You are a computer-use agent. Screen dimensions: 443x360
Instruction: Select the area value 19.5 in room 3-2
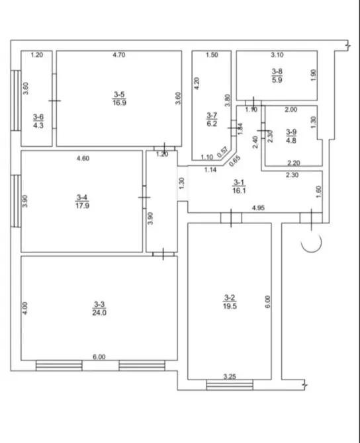(x=230, y=305)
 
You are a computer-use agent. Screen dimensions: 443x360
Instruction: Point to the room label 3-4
(x=82, y=196)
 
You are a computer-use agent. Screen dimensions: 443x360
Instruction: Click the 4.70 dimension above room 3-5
(x=118, y=56)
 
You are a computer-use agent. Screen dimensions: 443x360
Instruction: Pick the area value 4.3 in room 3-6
(x=38, y=123)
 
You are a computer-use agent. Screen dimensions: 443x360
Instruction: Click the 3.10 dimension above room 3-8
(x=277, y=56)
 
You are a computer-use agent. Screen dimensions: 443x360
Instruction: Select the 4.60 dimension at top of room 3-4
(x=83, y=157)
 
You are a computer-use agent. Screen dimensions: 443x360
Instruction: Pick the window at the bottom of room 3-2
(x=229, y=383)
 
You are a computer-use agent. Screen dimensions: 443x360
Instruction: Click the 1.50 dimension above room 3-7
(x=211, y=56)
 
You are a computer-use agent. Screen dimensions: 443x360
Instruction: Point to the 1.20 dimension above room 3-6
(x=37, y=56)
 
